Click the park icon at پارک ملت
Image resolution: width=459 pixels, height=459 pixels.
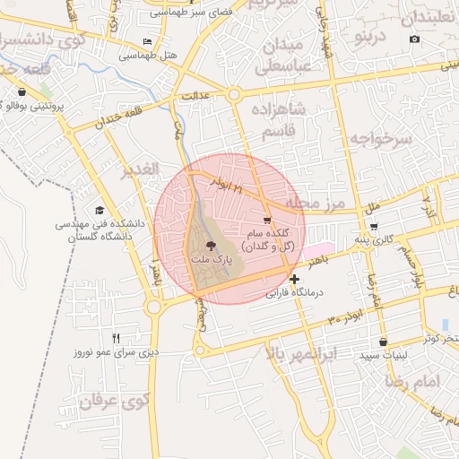211,244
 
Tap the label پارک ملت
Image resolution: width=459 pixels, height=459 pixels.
211,258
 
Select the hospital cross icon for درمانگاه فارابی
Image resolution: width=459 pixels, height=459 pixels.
294,279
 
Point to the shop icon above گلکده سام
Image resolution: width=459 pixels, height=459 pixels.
266,220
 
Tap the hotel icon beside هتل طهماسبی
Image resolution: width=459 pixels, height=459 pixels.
148,42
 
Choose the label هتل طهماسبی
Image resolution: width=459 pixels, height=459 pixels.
148,55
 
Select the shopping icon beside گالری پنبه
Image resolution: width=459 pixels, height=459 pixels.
374,226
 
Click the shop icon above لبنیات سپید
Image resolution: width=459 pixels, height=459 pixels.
384,342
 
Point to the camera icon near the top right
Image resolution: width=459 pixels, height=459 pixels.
414,39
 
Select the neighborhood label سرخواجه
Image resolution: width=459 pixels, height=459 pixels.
379,139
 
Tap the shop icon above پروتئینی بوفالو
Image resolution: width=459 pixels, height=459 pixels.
21,92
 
